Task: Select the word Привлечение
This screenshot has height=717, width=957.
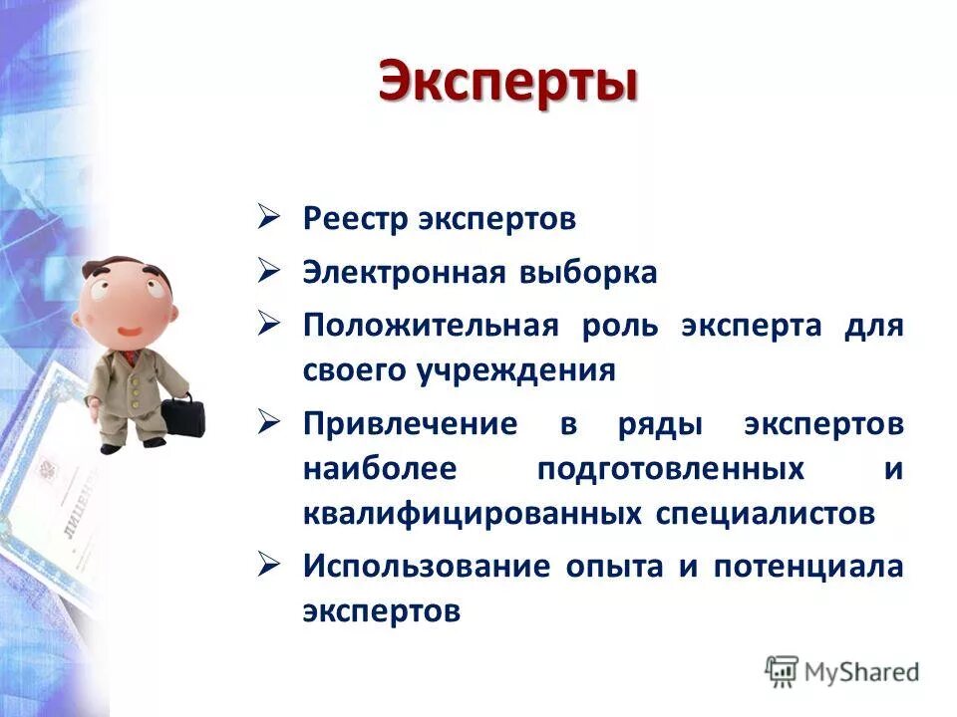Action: [410, 424]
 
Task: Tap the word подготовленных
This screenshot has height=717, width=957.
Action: [671, 468]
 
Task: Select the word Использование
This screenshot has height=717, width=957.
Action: [427, 567]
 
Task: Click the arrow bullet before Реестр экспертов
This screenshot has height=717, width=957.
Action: [270, 218]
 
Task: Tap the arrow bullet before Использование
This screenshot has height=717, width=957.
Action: [270, 565]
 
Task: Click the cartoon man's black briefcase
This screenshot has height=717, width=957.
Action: [181, 413]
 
